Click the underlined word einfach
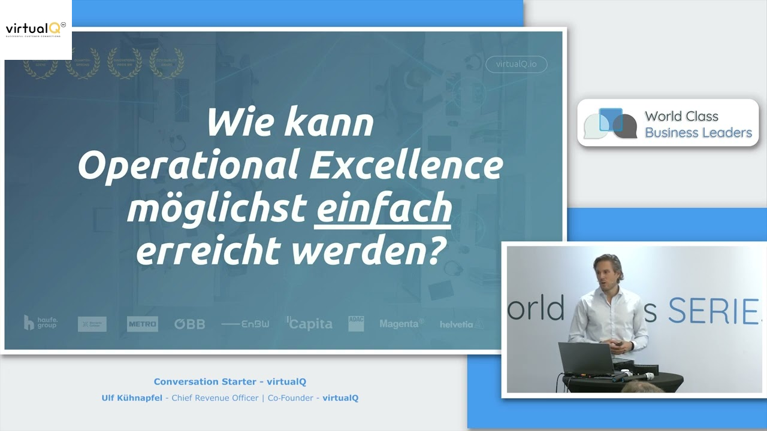point(383,208)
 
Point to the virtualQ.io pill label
point(516,64)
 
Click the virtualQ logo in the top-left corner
point(35,29)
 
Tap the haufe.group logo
point(41,323)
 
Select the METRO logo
point(142,324)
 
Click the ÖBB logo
point(189,324)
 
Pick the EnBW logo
point(245,324)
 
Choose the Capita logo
point(309,324)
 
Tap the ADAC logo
point(356,323)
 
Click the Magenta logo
point(401,324)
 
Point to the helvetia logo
point(461,324)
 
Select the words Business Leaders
point(698,132)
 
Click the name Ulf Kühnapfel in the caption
point(132,397)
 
